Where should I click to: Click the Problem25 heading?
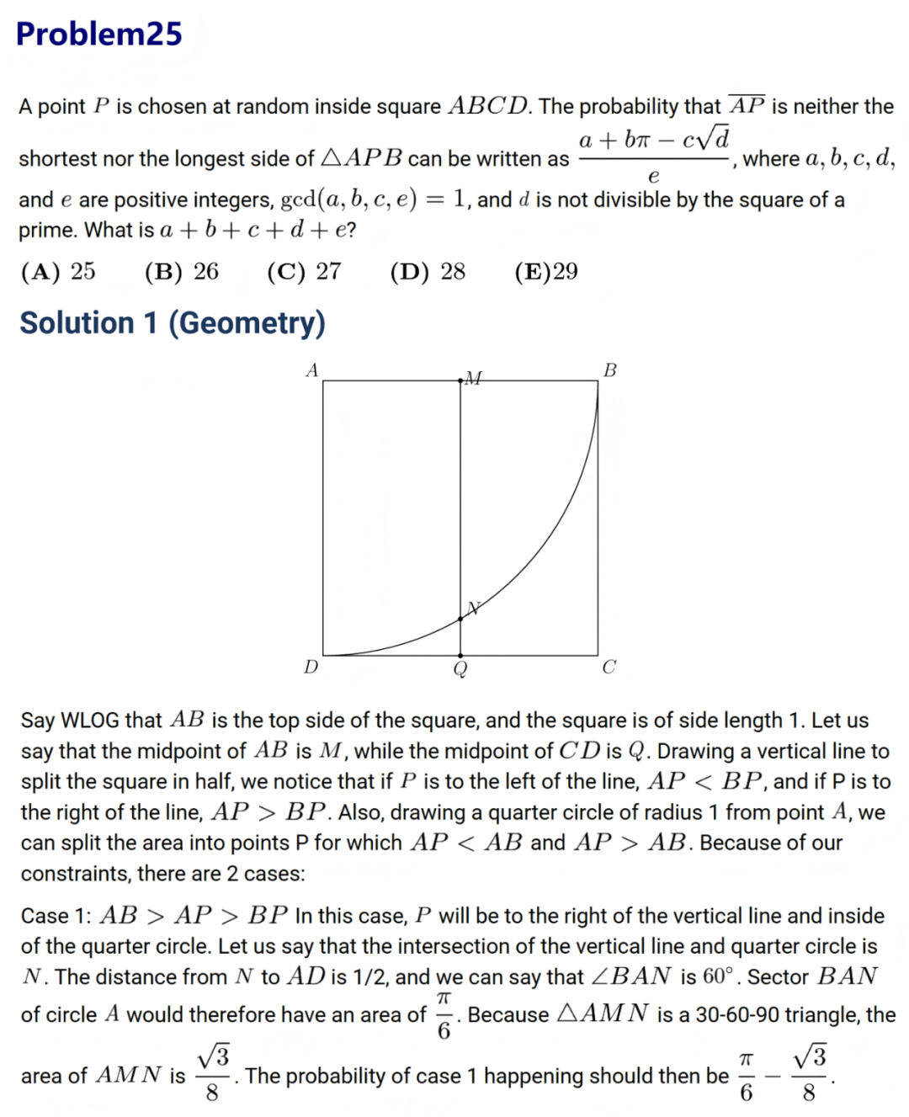tap(99, 34)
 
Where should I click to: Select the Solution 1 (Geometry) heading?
tap(173, 323)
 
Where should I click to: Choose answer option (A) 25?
tap(58, 271)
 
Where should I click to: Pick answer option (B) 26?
tap(181, 271)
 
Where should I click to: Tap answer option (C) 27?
tap(304, 271)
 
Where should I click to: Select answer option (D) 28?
tap(428, 271)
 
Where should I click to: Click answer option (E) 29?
tap(546, 271)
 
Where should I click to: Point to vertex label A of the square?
tap(312, 370)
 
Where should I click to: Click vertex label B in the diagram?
tap(610, 370)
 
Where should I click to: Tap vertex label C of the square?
tap(609, 667)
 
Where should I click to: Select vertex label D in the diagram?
tap(311, 667)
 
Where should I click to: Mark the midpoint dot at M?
tap(460, 381)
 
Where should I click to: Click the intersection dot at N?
tap(460, 619)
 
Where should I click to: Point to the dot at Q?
tap(460, 655)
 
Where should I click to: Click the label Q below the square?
tap(460, 670)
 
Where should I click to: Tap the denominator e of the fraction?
tap(653, 176)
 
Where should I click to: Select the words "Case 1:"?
tap(57, 916)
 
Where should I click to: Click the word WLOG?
tap(91, 721)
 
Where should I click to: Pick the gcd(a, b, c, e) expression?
tap(348, 199)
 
